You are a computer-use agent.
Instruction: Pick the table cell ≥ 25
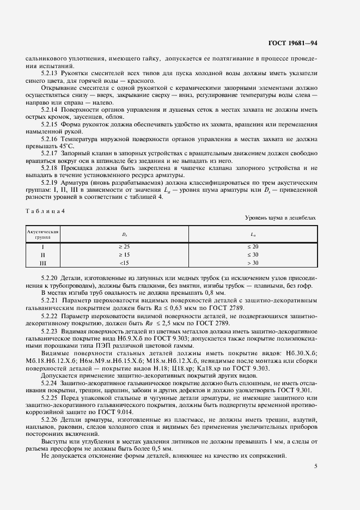124,247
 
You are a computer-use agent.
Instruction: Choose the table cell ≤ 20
253,247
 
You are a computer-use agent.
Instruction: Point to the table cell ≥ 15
124,254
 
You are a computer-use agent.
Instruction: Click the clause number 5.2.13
51,72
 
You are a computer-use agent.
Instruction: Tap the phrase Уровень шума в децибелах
280,217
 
